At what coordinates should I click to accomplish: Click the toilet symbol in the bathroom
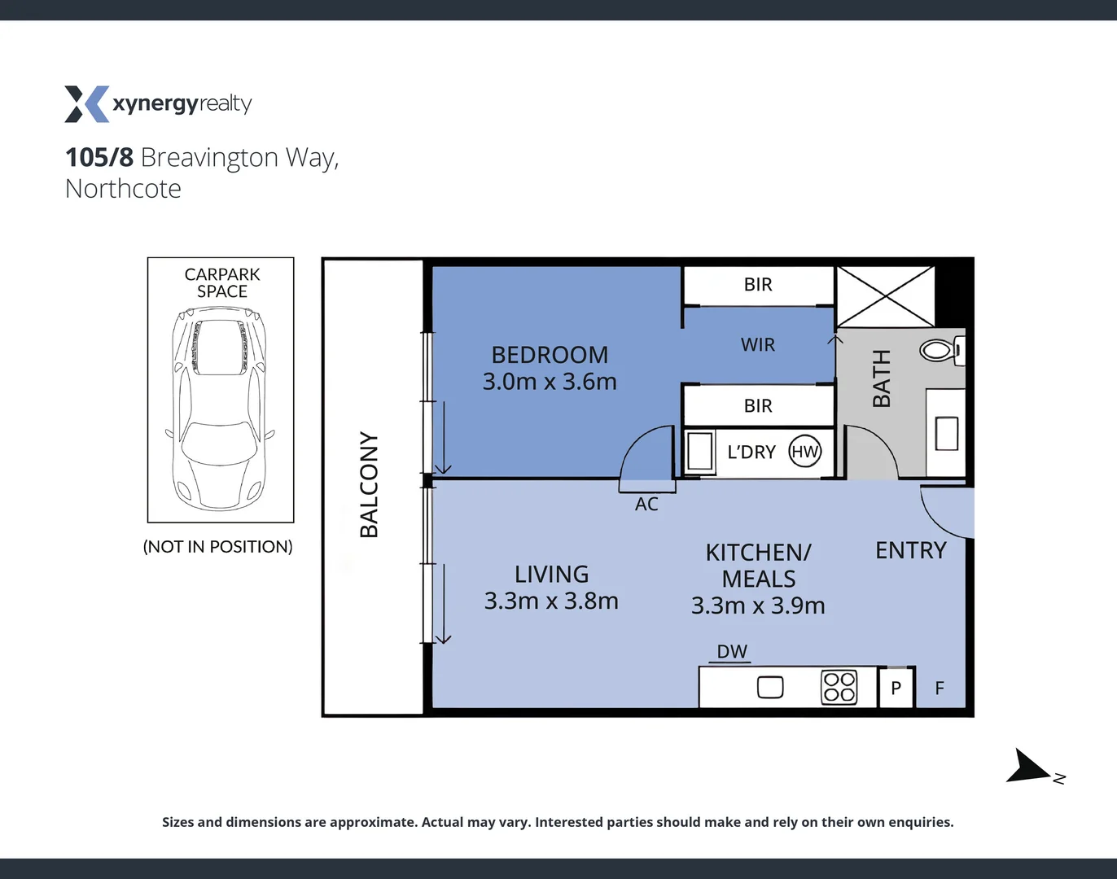(940, 351)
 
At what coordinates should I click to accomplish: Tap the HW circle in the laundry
(804, 452)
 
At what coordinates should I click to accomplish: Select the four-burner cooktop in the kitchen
(839, 687)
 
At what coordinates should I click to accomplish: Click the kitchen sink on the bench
(770, 688)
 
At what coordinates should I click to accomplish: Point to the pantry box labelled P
(896, 688)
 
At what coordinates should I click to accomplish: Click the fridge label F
(940, 689)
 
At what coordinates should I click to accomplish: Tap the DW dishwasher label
(731, 652)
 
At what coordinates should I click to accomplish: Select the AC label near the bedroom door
(646, 505)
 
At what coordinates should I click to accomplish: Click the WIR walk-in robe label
(757, 345)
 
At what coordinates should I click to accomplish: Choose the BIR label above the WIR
(757, 285)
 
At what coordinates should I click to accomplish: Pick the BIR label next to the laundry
(757, 406)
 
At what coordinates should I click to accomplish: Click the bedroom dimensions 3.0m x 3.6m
(550, 382)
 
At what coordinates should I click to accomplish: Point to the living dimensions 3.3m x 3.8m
(551, 601)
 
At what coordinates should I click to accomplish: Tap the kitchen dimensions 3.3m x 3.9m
(758, 606)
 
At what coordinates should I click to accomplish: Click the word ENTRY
(910, 551)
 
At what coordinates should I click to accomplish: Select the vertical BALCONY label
(370, 485)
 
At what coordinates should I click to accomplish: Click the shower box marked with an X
(885, 297)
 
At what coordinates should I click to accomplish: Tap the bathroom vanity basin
(946, 433)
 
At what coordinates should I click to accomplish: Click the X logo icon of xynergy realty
(86, 104)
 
